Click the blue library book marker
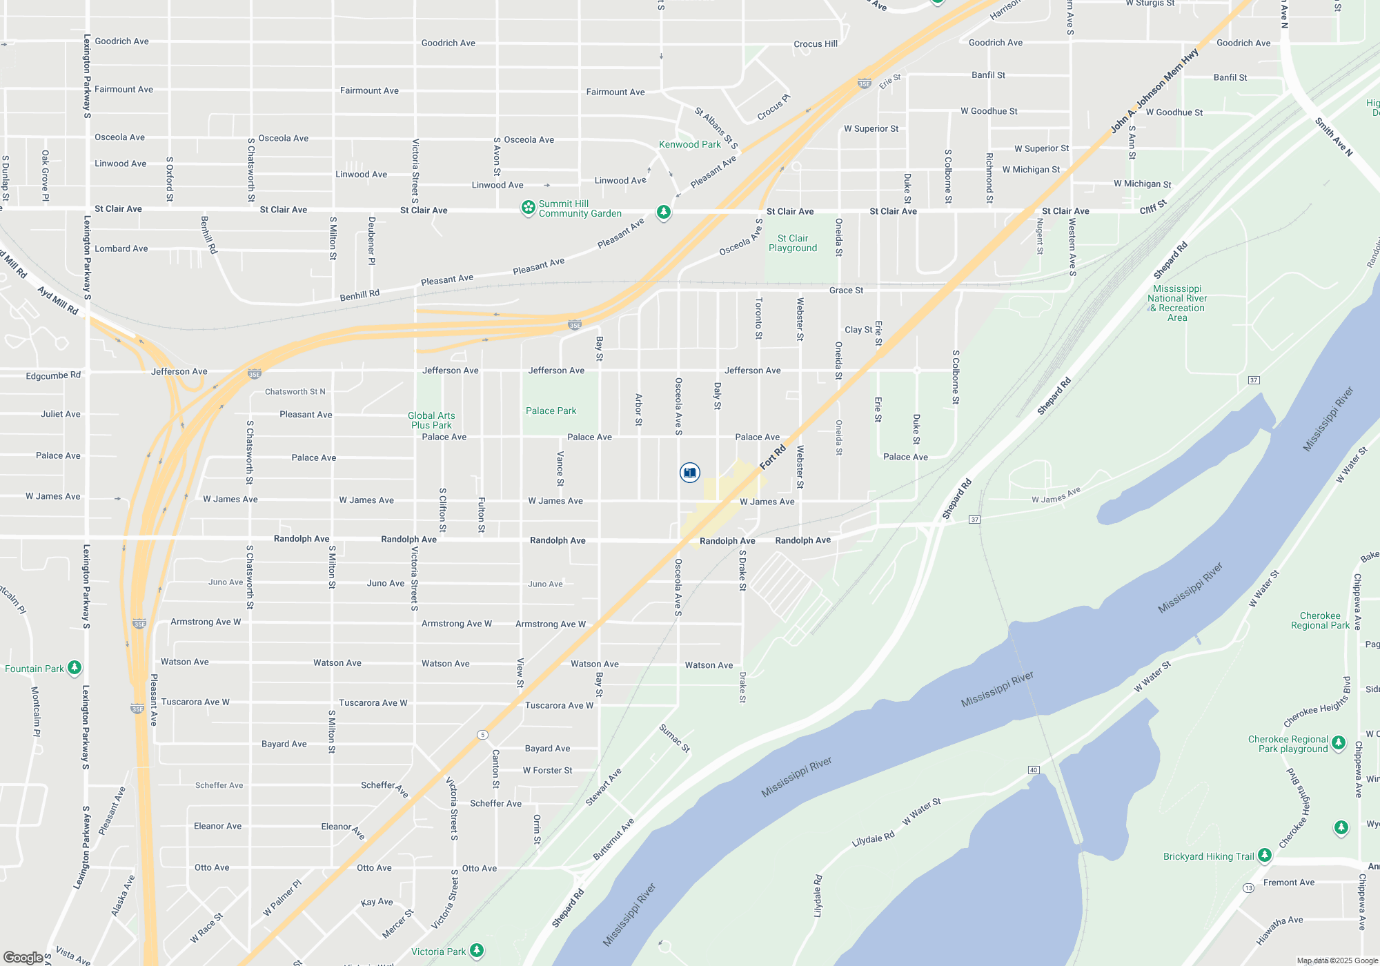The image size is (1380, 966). (x=689, y=473)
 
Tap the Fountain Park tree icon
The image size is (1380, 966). (x=75, y=668)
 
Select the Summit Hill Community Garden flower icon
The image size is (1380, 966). (x=529, y=208)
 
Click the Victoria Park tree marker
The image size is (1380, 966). (x=476, y=951)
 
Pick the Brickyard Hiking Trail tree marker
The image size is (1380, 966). (x=1264, y=856)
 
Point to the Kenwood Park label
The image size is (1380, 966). (x=689, y=144)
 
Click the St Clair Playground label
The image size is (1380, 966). (x=793, y=243)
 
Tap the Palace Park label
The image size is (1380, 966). (x=551, y=411)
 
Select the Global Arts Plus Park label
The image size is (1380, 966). (x=431, y=420)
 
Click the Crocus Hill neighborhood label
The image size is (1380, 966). (x=816, y=43)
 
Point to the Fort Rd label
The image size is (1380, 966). (x=773, y=457)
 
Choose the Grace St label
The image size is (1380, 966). (x=846, y=290)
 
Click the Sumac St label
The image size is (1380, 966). (x=674, y=738)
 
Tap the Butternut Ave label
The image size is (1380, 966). (x=613, y=839)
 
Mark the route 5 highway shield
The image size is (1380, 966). (x=482, y=735)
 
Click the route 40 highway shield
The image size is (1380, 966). (x=1033, y=769)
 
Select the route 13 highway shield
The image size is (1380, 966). (x=1248, y=887)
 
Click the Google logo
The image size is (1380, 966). (x=23, y=957)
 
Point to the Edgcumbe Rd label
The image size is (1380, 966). (x=53, y=375)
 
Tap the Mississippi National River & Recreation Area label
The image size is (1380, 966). (x=1177, y=303)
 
